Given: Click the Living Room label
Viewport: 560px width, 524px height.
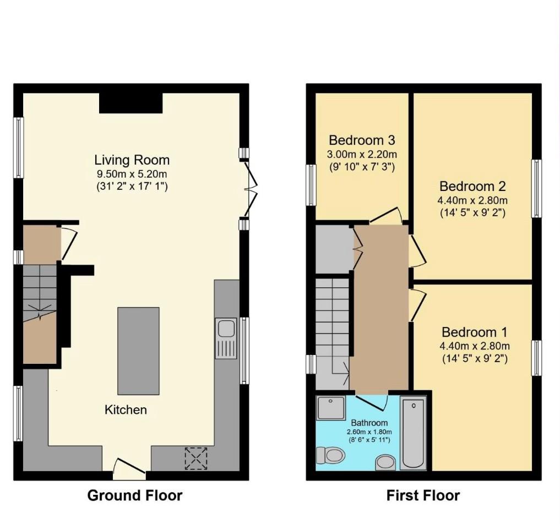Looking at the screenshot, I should (x=132, y=160).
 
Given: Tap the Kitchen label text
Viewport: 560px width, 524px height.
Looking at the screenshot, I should (x=126, y=410).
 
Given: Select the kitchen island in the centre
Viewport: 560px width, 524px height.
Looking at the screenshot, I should (x=138, y=351).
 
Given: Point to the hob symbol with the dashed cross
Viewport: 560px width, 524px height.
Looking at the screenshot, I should (x=197, y=459).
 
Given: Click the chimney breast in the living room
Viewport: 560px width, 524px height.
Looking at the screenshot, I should (x=131, y=102).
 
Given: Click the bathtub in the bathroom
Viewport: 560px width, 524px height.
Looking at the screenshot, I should (x=413, y=432).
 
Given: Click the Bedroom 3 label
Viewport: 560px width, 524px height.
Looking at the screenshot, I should (x=362, y=140).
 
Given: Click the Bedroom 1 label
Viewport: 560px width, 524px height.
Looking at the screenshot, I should (x=474, y=332).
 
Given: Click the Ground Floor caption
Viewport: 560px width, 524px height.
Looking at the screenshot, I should (x=135, y=495).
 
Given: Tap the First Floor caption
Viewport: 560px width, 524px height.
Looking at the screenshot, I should (x=423, y=495).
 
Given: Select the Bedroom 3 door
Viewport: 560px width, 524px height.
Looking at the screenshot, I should (x=387, y=216).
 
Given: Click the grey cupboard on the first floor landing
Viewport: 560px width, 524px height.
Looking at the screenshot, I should (x=333, y=249).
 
